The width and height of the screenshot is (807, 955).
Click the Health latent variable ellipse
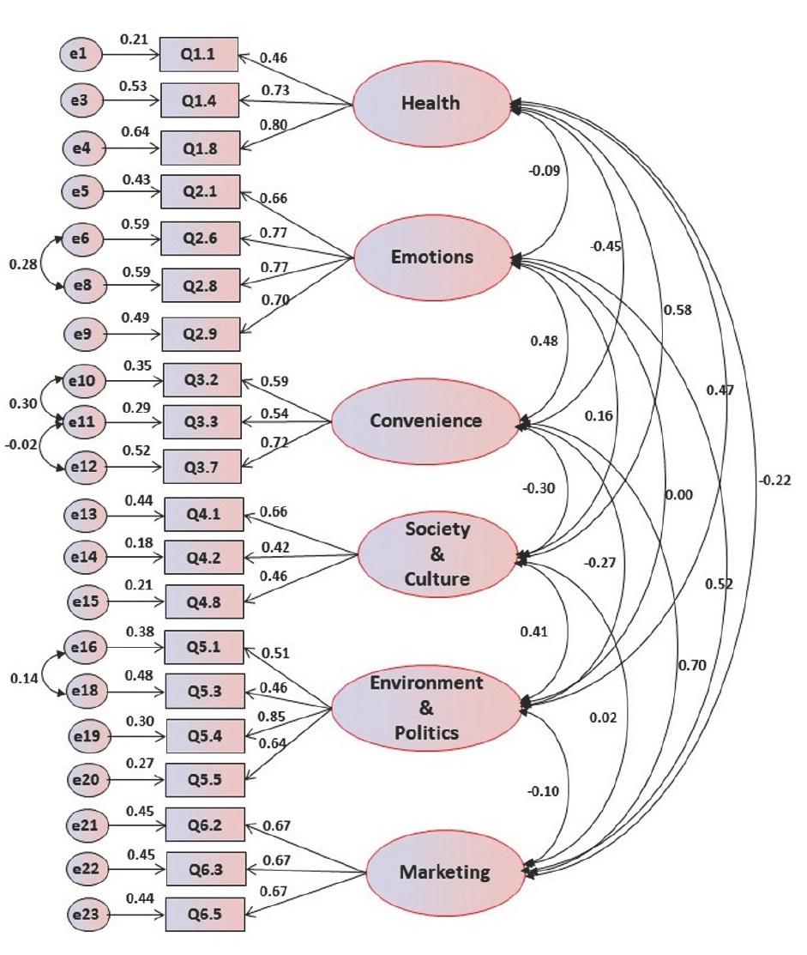point(431,104)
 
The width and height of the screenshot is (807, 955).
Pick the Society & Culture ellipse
point(437,553)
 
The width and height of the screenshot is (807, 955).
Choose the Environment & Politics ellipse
point(426,708)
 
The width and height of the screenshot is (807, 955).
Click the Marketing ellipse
point(444,873)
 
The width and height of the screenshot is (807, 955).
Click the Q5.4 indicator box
point(204,735)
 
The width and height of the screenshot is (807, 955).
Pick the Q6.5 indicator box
point(204,914)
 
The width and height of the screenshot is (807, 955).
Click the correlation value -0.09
point(544,171)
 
